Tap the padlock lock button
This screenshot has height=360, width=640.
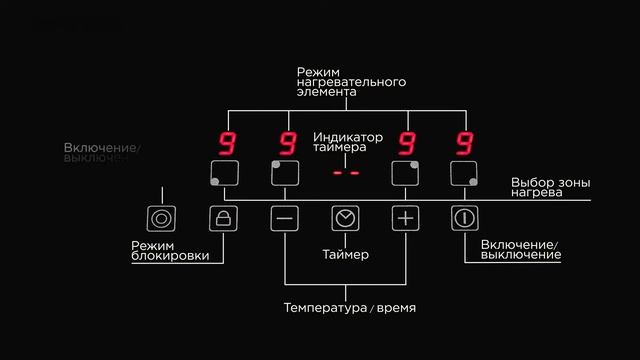(x=224, y=218)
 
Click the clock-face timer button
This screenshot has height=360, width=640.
(x=345, y=218)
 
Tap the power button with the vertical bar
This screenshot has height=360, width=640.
(x=464, y=218)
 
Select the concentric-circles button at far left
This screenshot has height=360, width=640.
(x=160, y=218)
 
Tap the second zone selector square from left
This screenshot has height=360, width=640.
(x=284, y=173)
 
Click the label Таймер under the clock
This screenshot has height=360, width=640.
(x=345, y=255)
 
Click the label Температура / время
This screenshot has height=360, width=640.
(x=345, y=307)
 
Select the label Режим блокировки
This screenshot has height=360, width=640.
(x=170, y=251)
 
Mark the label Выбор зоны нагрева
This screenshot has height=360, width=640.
(x=550, y=187)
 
